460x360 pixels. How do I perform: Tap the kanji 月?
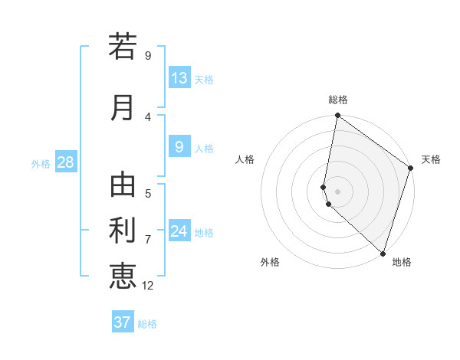coord(123,106)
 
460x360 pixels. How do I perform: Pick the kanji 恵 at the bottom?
coord(123,275)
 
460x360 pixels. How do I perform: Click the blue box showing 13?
coord(179,78)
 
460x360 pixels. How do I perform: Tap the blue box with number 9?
coord(179,147)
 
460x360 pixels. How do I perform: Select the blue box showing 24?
coord(179,231)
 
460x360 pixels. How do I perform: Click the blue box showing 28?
coord(65,162)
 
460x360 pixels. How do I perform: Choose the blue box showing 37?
coord(123,322)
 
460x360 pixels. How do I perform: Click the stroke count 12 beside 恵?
coord(149,286)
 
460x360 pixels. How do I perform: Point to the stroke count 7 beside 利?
coord(148,240)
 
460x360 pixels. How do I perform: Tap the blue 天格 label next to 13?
coord(204,79)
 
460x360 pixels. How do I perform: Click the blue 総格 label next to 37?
coord(147,323)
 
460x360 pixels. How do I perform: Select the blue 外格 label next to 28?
coord(41,163)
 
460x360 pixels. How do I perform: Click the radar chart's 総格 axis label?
coord(338,100)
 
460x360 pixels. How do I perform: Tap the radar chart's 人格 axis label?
coord(245,159)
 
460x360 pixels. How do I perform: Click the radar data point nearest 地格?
coord(383,254)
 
